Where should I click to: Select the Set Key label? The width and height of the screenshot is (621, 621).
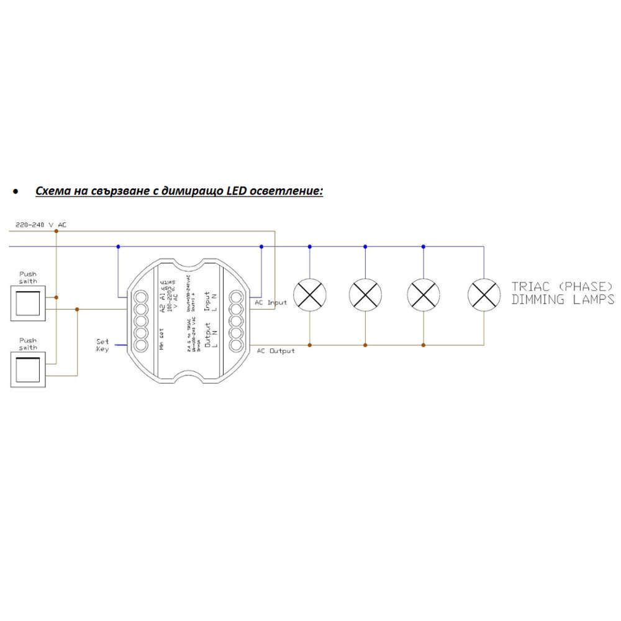coord(102,345)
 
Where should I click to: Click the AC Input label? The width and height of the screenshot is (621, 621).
coord(271,302)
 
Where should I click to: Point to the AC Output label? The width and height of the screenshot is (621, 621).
coord(276,351)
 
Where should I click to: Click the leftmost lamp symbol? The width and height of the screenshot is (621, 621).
coord(310,294)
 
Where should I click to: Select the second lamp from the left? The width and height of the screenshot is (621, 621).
coord(365,294)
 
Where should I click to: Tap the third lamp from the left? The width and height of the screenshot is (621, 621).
coord(423,294)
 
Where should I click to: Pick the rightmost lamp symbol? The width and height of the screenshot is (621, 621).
coord(484,294)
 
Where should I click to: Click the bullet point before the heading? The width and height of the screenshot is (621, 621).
coord(16,192)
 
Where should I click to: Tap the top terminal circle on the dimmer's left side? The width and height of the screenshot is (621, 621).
coord(140,296)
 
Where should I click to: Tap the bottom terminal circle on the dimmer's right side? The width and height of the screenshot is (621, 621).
coord(235,345)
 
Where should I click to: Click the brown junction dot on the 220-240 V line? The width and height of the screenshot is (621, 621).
coord(57,231)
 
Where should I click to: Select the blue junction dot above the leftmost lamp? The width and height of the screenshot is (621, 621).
coord(310,247)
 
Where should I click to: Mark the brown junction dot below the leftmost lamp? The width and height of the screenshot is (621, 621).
coord(310,345)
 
